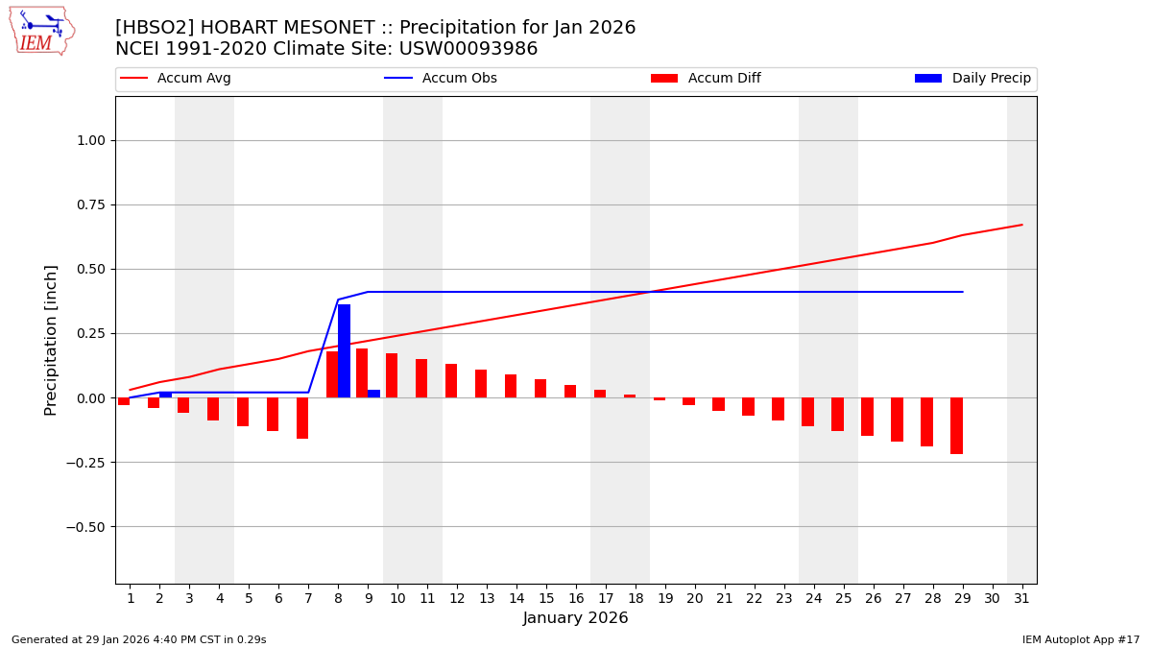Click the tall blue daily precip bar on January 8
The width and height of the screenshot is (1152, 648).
344,351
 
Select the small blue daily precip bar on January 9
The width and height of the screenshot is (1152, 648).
373,394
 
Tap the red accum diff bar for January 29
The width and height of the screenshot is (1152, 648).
956,425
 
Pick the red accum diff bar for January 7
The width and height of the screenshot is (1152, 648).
302,418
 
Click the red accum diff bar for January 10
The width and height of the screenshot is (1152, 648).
392,375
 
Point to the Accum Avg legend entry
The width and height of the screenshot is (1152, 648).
176,79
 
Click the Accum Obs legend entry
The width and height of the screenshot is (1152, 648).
441,79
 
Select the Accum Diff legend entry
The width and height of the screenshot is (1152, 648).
706,79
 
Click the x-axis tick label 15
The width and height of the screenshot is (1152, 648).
546,598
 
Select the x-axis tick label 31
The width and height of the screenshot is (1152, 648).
1021,598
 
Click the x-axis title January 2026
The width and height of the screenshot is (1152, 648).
575,618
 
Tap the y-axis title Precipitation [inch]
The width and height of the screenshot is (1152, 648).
51,340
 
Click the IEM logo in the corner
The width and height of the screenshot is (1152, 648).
41,31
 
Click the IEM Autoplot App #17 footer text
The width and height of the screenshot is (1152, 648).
1081,639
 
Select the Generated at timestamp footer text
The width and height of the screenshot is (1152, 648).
139,639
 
